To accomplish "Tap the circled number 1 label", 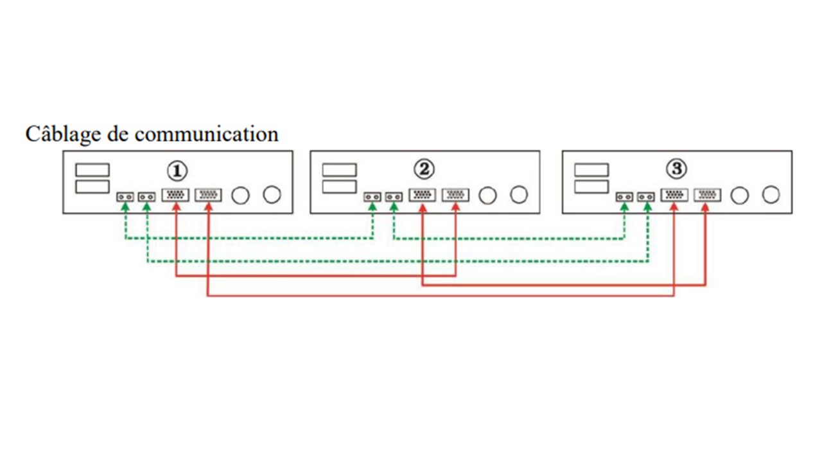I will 177,170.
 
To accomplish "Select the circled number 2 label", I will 424,170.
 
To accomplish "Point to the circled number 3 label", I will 676,170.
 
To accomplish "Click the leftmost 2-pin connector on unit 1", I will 125,197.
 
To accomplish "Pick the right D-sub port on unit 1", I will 208,194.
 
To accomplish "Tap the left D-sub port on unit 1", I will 175,194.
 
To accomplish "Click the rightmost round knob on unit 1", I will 272,194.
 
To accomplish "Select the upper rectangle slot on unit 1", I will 92,170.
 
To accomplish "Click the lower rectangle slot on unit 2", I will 339,186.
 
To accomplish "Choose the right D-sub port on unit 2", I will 455,194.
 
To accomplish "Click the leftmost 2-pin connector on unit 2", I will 372,197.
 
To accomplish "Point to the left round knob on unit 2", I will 487,194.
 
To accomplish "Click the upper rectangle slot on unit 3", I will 591,170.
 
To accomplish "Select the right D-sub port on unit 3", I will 707,194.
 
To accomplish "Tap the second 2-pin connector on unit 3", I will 645,197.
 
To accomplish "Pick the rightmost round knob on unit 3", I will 771,194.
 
